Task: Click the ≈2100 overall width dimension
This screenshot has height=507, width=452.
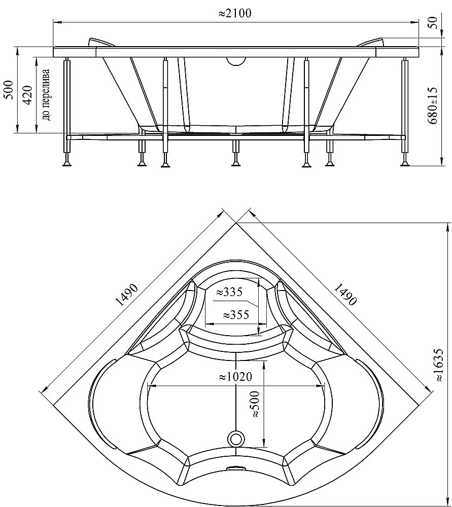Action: pos(234,13)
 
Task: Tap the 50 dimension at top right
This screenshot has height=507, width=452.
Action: pos(434,22)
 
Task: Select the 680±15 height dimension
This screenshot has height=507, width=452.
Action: pos(433,105)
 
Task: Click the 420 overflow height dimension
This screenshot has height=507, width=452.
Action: pos(28,94)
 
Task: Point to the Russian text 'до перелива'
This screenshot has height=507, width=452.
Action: pos(46,94)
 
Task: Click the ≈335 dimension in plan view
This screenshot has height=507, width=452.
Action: pos(229,292)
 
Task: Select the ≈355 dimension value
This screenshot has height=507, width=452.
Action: pos(236,314)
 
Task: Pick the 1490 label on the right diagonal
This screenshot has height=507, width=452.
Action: pos(345,294)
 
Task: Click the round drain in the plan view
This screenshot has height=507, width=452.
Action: pos(236,439)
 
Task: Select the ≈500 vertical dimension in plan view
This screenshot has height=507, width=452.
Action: pos(255,404)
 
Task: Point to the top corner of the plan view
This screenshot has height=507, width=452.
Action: pos(236,223)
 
